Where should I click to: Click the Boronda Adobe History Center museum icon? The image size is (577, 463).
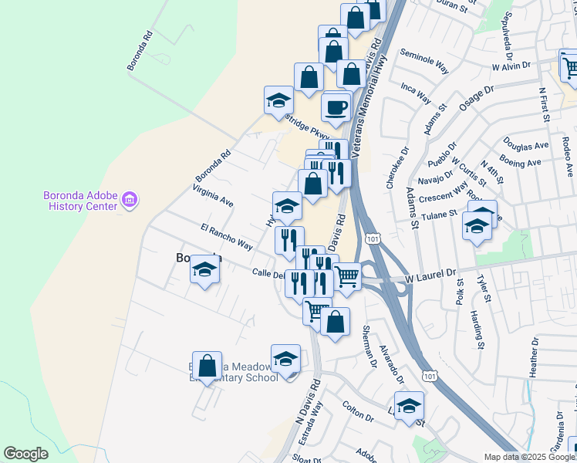click(x=129, y=201)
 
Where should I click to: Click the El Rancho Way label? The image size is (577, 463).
click(x=226, y=237)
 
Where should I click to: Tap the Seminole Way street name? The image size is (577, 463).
click(x=424, y=63)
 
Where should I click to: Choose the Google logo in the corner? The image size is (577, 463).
click(x=25, y=454)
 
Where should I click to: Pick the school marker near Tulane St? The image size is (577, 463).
click(x=476, y=227)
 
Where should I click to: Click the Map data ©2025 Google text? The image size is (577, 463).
click(x=530, y=456)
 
